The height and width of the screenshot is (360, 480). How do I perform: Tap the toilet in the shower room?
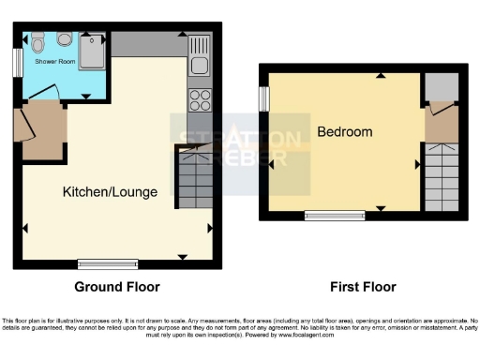[x=37, y=42]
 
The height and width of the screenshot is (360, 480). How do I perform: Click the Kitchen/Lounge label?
[x=110, y=192]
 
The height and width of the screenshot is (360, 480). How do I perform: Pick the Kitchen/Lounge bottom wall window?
[x=107, y=263]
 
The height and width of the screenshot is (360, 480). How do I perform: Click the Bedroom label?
[x=344, y=132]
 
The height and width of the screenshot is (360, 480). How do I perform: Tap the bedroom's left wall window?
[x=264, y=97]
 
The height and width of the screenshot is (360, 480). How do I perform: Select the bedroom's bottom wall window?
[x=336, y=216]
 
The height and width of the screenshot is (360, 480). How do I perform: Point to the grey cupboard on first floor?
[x=439, y=87]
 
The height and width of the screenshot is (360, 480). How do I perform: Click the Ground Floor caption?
[x=116, y=287]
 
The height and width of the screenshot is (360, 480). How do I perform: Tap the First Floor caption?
[x=363, y=287]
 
